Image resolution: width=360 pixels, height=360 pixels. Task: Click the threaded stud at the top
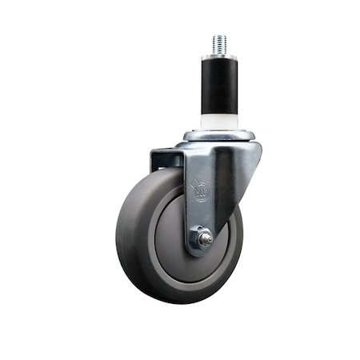219,45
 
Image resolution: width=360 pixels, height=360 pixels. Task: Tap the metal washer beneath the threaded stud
219,58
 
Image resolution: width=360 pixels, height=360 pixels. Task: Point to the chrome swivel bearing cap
219,134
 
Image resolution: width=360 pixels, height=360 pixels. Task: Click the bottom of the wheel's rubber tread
180,298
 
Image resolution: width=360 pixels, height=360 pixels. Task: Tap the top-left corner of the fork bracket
152,150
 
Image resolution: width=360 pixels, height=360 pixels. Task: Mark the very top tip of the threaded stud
219,35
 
